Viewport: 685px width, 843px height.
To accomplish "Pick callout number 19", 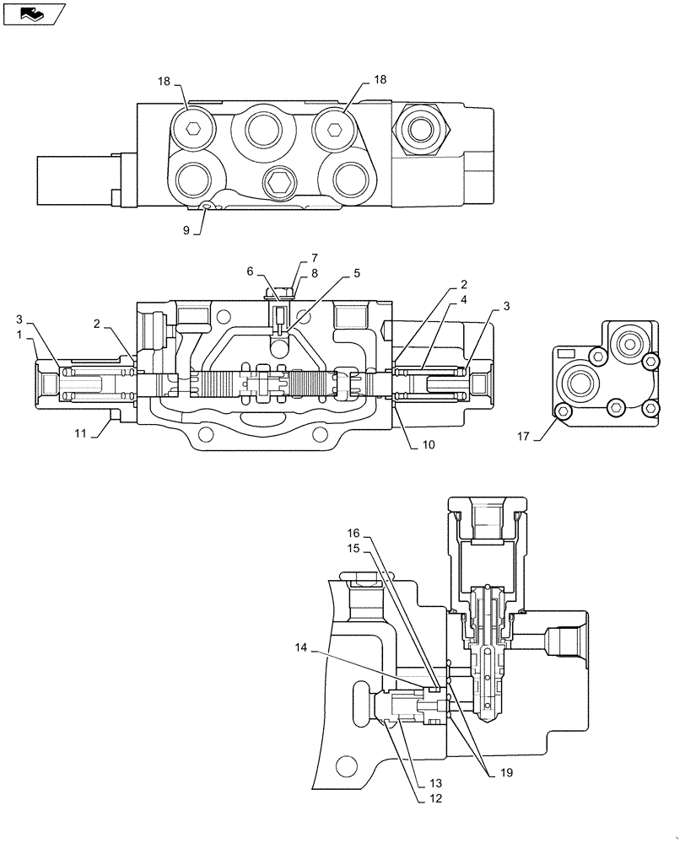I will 250,271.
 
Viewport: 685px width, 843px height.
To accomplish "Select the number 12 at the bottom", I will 314,258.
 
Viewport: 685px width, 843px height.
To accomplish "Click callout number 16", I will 354,534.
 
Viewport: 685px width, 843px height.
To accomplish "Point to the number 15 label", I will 354,548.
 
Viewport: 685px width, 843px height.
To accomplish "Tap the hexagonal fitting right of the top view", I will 418,126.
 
